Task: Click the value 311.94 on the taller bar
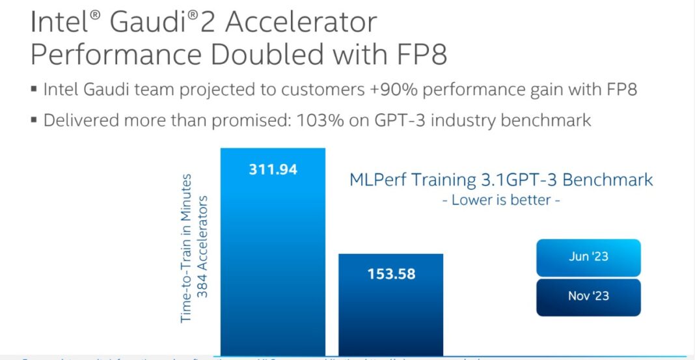(x=273, y=170)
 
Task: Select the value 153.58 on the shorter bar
(x=390, y=273)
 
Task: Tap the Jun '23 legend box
(x=588, y=256)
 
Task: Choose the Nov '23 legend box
(x=588, y=296)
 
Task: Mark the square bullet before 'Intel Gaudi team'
(x=34, y=90)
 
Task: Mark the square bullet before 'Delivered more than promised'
(x=34, y=120)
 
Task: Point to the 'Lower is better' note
(x=500, y=201)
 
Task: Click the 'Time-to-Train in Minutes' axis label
(x=187, y=247)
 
